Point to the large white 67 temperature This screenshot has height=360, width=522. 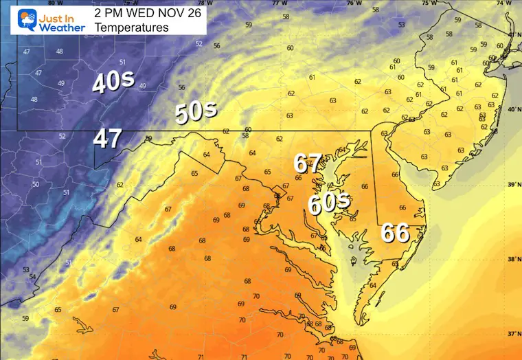[308, 164]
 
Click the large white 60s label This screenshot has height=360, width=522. [328, 203]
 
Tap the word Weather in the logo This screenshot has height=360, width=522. [62, 27]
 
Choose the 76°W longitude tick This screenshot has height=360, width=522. [354, 3]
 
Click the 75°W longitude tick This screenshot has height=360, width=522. [429, 3]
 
